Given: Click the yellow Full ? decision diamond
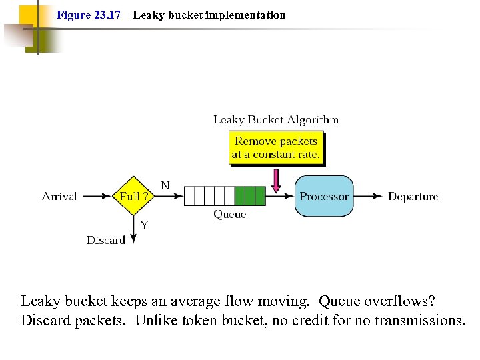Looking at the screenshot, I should point(134,196).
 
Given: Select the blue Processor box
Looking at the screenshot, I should point(324,196).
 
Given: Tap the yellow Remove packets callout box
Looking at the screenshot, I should point(275,148).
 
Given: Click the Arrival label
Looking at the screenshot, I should point(59,196).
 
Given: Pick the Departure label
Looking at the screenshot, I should point(413,196).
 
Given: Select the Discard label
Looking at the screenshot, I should point(105,240).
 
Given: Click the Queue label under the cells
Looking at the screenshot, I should point(229,215).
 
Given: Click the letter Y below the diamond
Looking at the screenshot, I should point(144,225).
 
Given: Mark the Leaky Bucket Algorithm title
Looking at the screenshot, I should point(275,120).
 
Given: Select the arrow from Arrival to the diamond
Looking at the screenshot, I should point(97,196).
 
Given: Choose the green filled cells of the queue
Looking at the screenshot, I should point(249,196).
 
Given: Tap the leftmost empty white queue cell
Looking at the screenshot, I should point(189,196).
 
